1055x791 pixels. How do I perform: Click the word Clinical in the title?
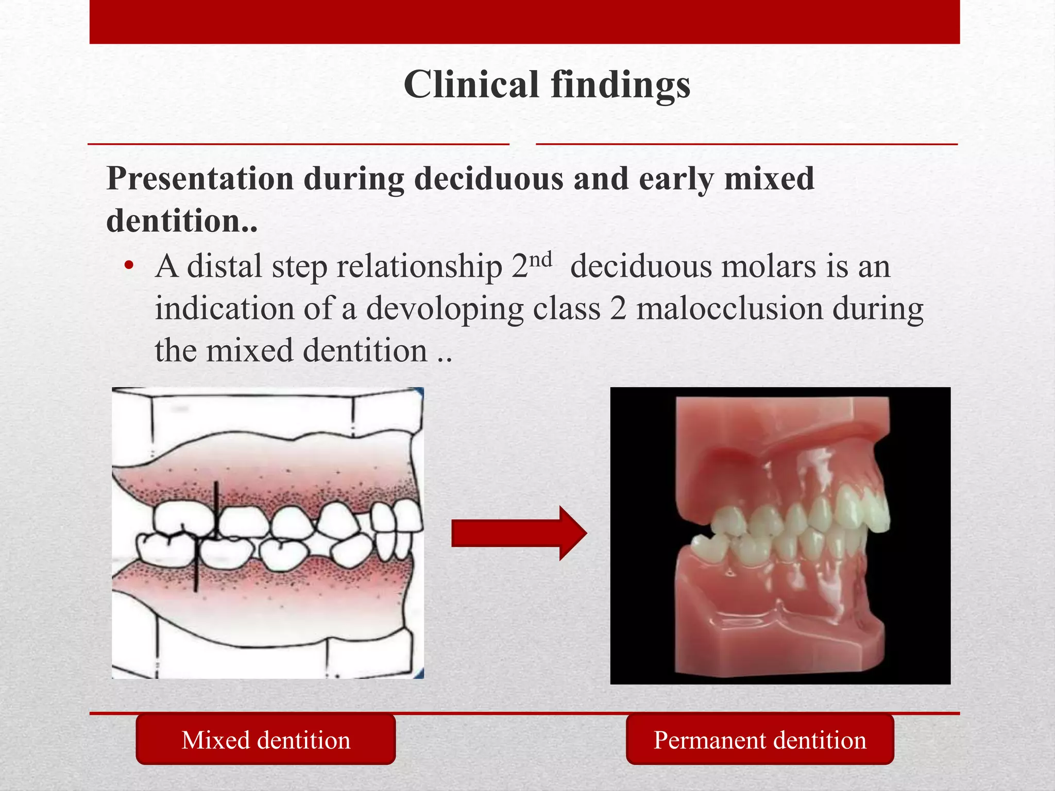[x=471, y=84]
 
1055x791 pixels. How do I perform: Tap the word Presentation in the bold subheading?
[x=200, y=179]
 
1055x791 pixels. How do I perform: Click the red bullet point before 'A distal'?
[x=129, y=266]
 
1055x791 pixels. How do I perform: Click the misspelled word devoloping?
[x=444, y=310]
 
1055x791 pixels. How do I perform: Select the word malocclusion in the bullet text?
[x=729, y=309]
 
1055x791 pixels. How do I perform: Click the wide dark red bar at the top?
[x=524, y=22]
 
